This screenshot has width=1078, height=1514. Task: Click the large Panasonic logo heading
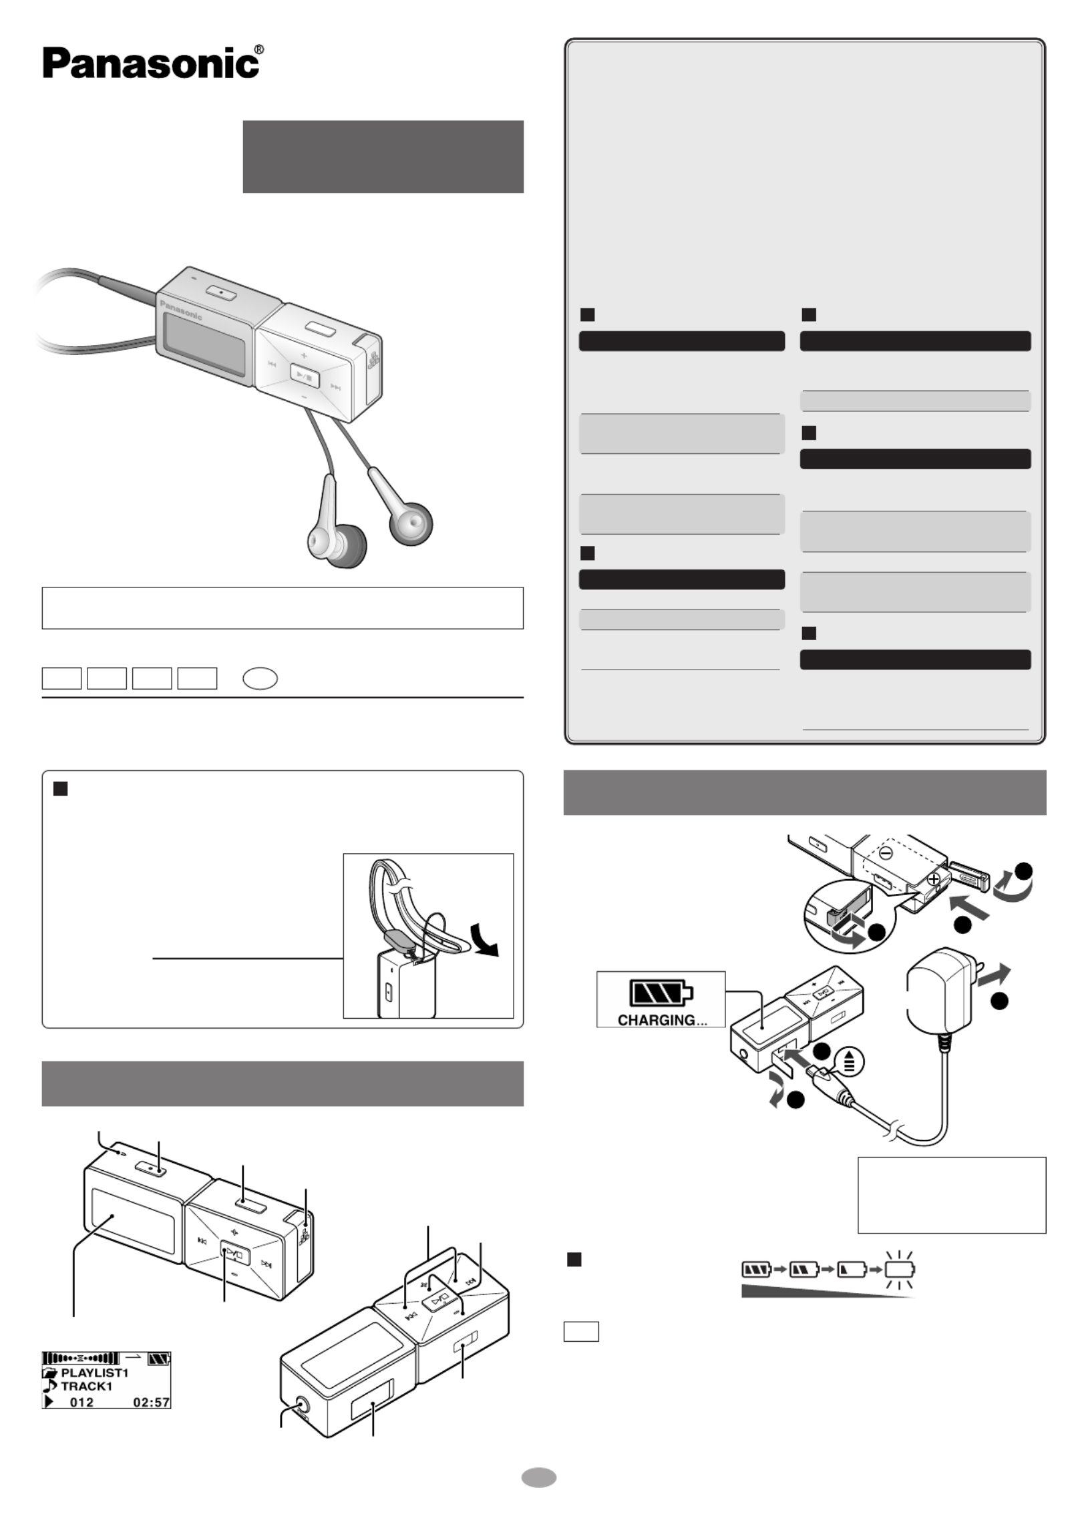tap(151, 63)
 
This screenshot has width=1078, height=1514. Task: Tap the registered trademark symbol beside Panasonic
tap(259, 49)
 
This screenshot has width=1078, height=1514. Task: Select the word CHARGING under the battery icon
tap(656, 1020)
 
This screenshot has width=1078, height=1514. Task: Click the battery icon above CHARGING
tap(660, 992)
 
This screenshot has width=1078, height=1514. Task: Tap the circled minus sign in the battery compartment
tap(886, 852)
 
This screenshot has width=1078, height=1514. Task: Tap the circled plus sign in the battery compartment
tap(933, 878)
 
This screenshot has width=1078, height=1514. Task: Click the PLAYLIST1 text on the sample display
tap(94, 1372)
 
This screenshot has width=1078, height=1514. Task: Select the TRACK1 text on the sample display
tap(86, 1386)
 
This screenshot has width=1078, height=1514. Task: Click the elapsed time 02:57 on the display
tap(152, 1402)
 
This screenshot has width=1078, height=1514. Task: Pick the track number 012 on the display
tap(81, 1402)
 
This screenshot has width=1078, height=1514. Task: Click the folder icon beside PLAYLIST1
tap(50, 1372)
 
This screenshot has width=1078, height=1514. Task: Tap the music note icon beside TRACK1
tap(50, 1386)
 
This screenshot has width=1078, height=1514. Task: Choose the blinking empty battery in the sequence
tap(900, 1268)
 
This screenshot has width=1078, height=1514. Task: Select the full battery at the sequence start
tap(757, 1268)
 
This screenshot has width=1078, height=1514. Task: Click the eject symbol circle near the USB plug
tap(849, 1061)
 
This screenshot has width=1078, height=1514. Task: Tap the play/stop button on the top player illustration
tap(304, 378)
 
